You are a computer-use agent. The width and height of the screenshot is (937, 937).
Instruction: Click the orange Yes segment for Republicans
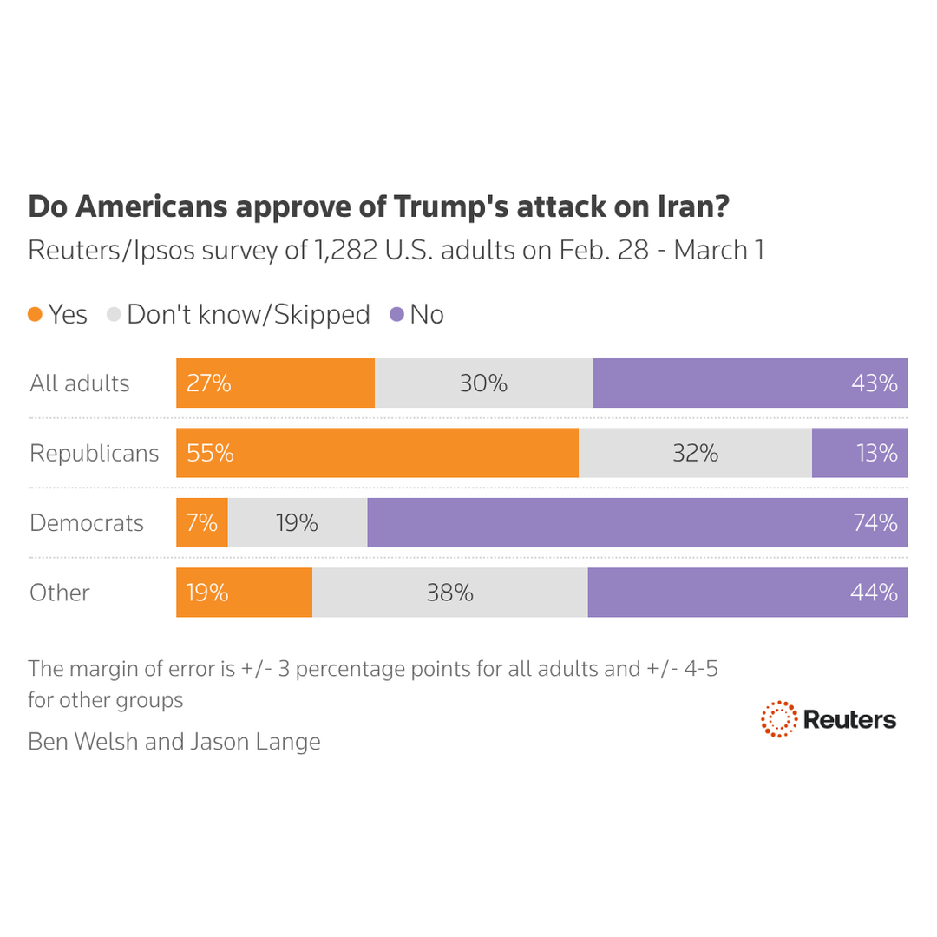377,453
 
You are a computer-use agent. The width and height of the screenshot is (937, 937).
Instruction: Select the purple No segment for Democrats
637,522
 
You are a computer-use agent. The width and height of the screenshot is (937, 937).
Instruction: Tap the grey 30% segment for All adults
483,383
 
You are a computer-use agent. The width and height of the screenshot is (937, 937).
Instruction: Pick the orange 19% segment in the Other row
244,593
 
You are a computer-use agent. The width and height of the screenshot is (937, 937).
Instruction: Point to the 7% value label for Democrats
202,523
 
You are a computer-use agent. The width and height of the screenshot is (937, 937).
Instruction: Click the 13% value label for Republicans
877,453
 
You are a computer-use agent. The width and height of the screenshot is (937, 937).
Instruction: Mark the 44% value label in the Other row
875,593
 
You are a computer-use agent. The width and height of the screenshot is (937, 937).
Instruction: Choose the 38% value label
449,593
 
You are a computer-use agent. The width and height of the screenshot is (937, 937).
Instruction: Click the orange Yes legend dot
35,315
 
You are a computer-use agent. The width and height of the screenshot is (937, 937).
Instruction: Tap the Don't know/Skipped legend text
248,314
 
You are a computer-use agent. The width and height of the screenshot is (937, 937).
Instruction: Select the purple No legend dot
396,315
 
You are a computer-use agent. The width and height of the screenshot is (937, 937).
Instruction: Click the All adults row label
79,383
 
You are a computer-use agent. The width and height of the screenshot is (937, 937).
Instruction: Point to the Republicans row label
94,453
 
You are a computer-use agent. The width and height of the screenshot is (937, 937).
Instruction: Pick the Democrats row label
87,523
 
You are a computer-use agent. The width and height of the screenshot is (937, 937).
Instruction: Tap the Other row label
60,593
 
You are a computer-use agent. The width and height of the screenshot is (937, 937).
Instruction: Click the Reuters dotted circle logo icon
778,719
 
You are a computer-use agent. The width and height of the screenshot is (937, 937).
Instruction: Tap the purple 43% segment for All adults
750,383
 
